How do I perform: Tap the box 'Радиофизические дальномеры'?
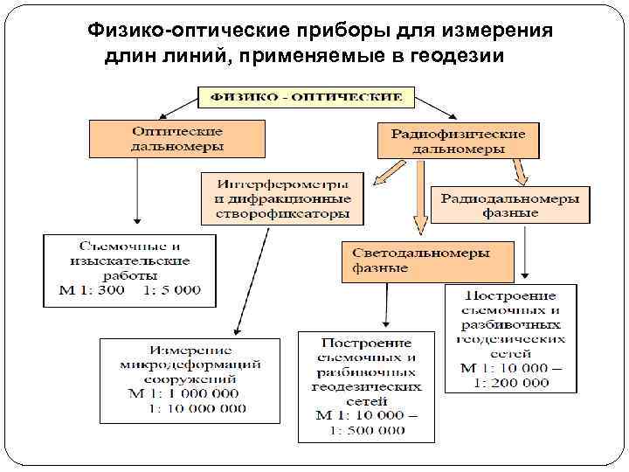tap(458, 141)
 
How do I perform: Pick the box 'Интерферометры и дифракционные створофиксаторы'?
tap(282, 198)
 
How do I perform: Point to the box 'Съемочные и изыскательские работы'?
tap(129, 267)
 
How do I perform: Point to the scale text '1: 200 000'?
tap(512, 382)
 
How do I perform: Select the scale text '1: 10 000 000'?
tap(197, 407)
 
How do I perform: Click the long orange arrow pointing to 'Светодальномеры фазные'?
tap(420, 197)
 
